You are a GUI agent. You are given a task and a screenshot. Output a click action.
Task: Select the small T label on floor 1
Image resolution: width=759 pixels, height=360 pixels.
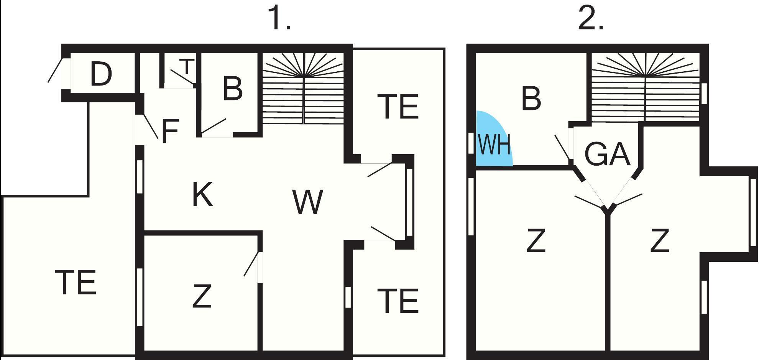pos(187,66)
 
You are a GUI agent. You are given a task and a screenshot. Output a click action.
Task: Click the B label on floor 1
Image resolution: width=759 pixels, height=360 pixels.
pos(232,89)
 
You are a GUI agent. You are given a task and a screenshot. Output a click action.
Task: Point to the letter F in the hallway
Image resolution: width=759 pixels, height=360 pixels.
pos(170,131)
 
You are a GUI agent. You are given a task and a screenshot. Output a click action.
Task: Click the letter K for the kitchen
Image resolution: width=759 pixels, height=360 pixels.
pos(202,194)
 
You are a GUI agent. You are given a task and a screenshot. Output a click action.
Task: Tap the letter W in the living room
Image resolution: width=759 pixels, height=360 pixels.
pos(307,202)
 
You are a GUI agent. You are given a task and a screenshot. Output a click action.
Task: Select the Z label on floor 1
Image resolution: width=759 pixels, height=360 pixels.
pos(202,296)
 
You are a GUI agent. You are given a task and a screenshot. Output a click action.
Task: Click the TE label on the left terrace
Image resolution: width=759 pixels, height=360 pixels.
pos(76,282)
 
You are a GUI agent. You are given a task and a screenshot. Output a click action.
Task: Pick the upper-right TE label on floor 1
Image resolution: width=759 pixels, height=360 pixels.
pos(398,106)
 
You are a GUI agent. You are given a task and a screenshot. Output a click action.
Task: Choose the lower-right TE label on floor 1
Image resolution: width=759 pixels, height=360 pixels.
pos(398,301)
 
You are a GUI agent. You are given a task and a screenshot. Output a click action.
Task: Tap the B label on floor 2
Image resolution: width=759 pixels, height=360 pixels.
pos(531,98)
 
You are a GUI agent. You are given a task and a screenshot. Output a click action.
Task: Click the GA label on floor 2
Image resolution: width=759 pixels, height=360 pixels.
pos(607,154)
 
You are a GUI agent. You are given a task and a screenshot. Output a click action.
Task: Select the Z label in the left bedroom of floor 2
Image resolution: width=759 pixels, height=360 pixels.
pos(536,240)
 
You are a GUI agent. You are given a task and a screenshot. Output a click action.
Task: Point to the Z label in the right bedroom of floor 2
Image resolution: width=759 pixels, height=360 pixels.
pos(660,240)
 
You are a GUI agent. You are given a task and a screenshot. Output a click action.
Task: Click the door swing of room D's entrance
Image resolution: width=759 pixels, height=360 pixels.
pos(54,70)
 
